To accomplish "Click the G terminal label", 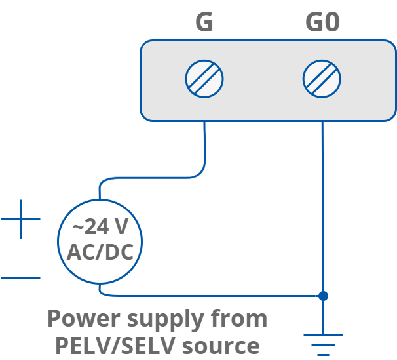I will pyautogui.click(x=204, y=23).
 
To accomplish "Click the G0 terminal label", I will pyautogui.click(x=322, y=23).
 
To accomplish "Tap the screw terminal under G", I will pyautogui.click(x=204, y=79).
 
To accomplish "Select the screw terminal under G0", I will pyautogui.click(x=322, y=79).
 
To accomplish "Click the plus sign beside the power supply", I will pyautogui.click(x=20, y=219).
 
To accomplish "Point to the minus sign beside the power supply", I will pyautogui.click(x=20, y=279).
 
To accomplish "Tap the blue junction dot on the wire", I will pyautogui.click(x=322, y=296).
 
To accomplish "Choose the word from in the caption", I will pyautogui.click(x=238, y=319).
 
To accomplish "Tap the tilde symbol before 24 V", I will pyautogui.click(x=78, y=228).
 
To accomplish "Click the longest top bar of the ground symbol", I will pyautogui.click(x=322, y=335).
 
